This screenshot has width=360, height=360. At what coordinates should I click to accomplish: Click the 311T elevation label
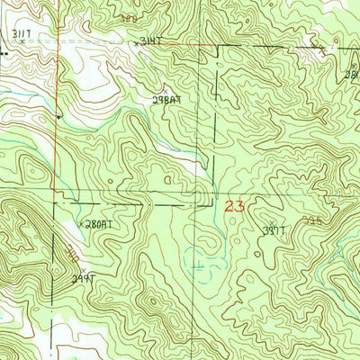(22, 33)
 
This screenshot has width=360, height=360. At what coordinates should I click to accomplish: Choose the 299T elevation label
(84, 279)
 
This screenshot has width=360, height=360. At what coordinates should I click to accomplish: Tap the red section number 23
(235, 206)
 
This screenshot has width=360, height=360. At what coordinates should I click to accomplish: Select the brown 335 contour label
(311, 219)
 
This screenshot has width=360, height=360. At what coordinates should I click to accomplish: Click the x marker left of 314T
(137, 42)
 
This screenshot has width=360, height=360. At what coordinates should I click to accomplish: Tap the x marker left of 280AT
(82, 224)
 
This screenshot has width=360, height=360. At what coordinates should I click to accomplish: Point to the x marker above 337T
(274, 221)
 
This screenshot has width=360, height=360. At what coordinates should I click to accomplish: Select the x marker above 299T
(83, 270)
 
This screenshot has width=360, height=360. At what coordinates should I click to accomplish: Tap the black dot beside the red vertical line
(59, 116)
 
